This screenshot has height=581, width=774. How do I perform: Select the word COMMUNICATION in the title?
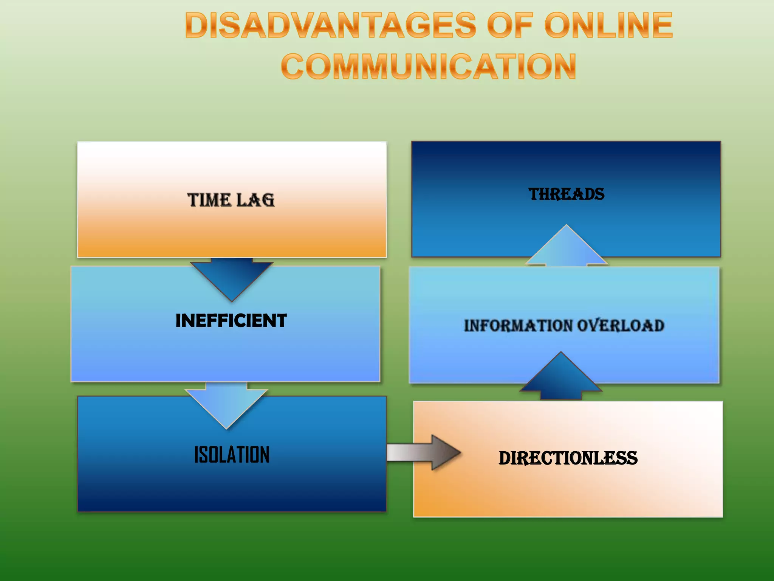pyautogui.click(x=429, y=67)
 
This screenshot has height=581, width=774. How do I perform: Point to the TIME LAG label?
pyautogui.click(x=231, y=200)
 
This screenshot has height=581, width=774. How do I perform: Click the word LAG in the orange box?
pyautogui.click(x=255, y=200)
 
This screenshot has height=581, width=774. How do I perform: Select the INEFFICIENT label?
pyautogui.click(x=231, y=321)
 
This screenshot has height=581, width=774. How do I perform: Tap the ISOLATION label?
pyautogui.click(x=232, y=454)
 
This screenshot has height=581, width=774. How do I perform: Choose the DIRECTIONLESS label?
pyautogui.click(x=568, y=458)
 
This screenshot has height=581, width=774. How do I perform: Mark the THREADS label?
pyautogui.click(x=566, y=194)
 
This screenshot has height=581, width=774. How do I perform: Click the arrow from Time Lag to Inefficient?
pyautogui.click(x=232, y=278)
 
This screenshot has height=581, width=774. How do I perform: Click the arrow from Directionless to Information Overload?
pyautogui.click(x=561, y=378)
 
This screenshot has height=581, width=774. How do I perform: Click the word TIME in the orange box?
pyautogui.click(x=209, y=200)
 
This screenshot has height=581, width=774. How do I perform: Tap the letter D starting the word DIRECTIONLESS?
pyautogui.click(x=506, y=458)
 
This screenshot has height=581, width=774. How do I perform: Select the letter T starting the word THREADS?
pyautogui.click(x=534, y=194)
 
